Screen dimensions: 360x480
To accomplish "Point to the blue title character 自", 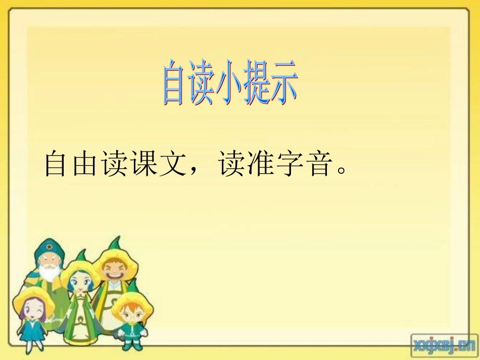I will click(x=173, y=85).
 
